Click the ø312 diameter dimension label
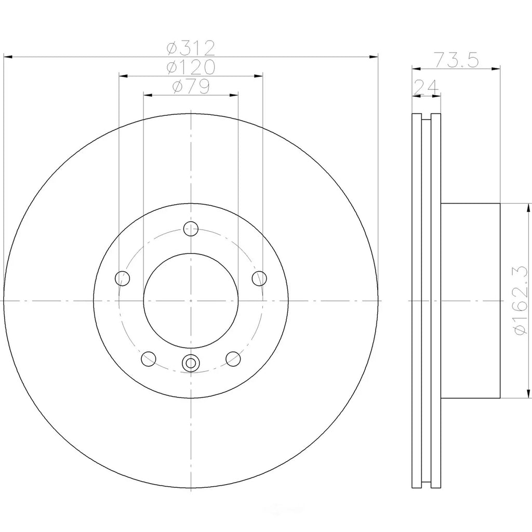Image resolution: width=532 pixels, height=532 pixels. click(191, 48)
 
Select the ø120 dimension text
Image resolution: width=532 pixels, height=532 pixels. click(191, 67)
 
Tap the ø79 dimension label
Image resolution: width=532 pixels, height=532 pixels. click(191, 87)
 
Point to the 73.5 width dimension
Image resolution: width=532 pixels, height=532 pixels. click(457, 60)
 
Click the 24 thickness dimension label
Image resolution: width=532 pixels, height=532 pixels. click(426, 87)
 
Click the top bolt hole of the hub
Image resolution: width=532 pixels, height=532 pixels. click(191, 229)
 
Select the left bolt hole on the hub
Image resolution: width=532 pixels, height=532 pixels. click(123, 278)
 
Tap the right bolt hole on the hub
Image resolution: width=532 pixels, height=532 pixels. click(259, 278)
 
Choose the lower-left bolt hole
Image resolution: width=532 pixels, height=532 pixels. click(148, 358)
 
